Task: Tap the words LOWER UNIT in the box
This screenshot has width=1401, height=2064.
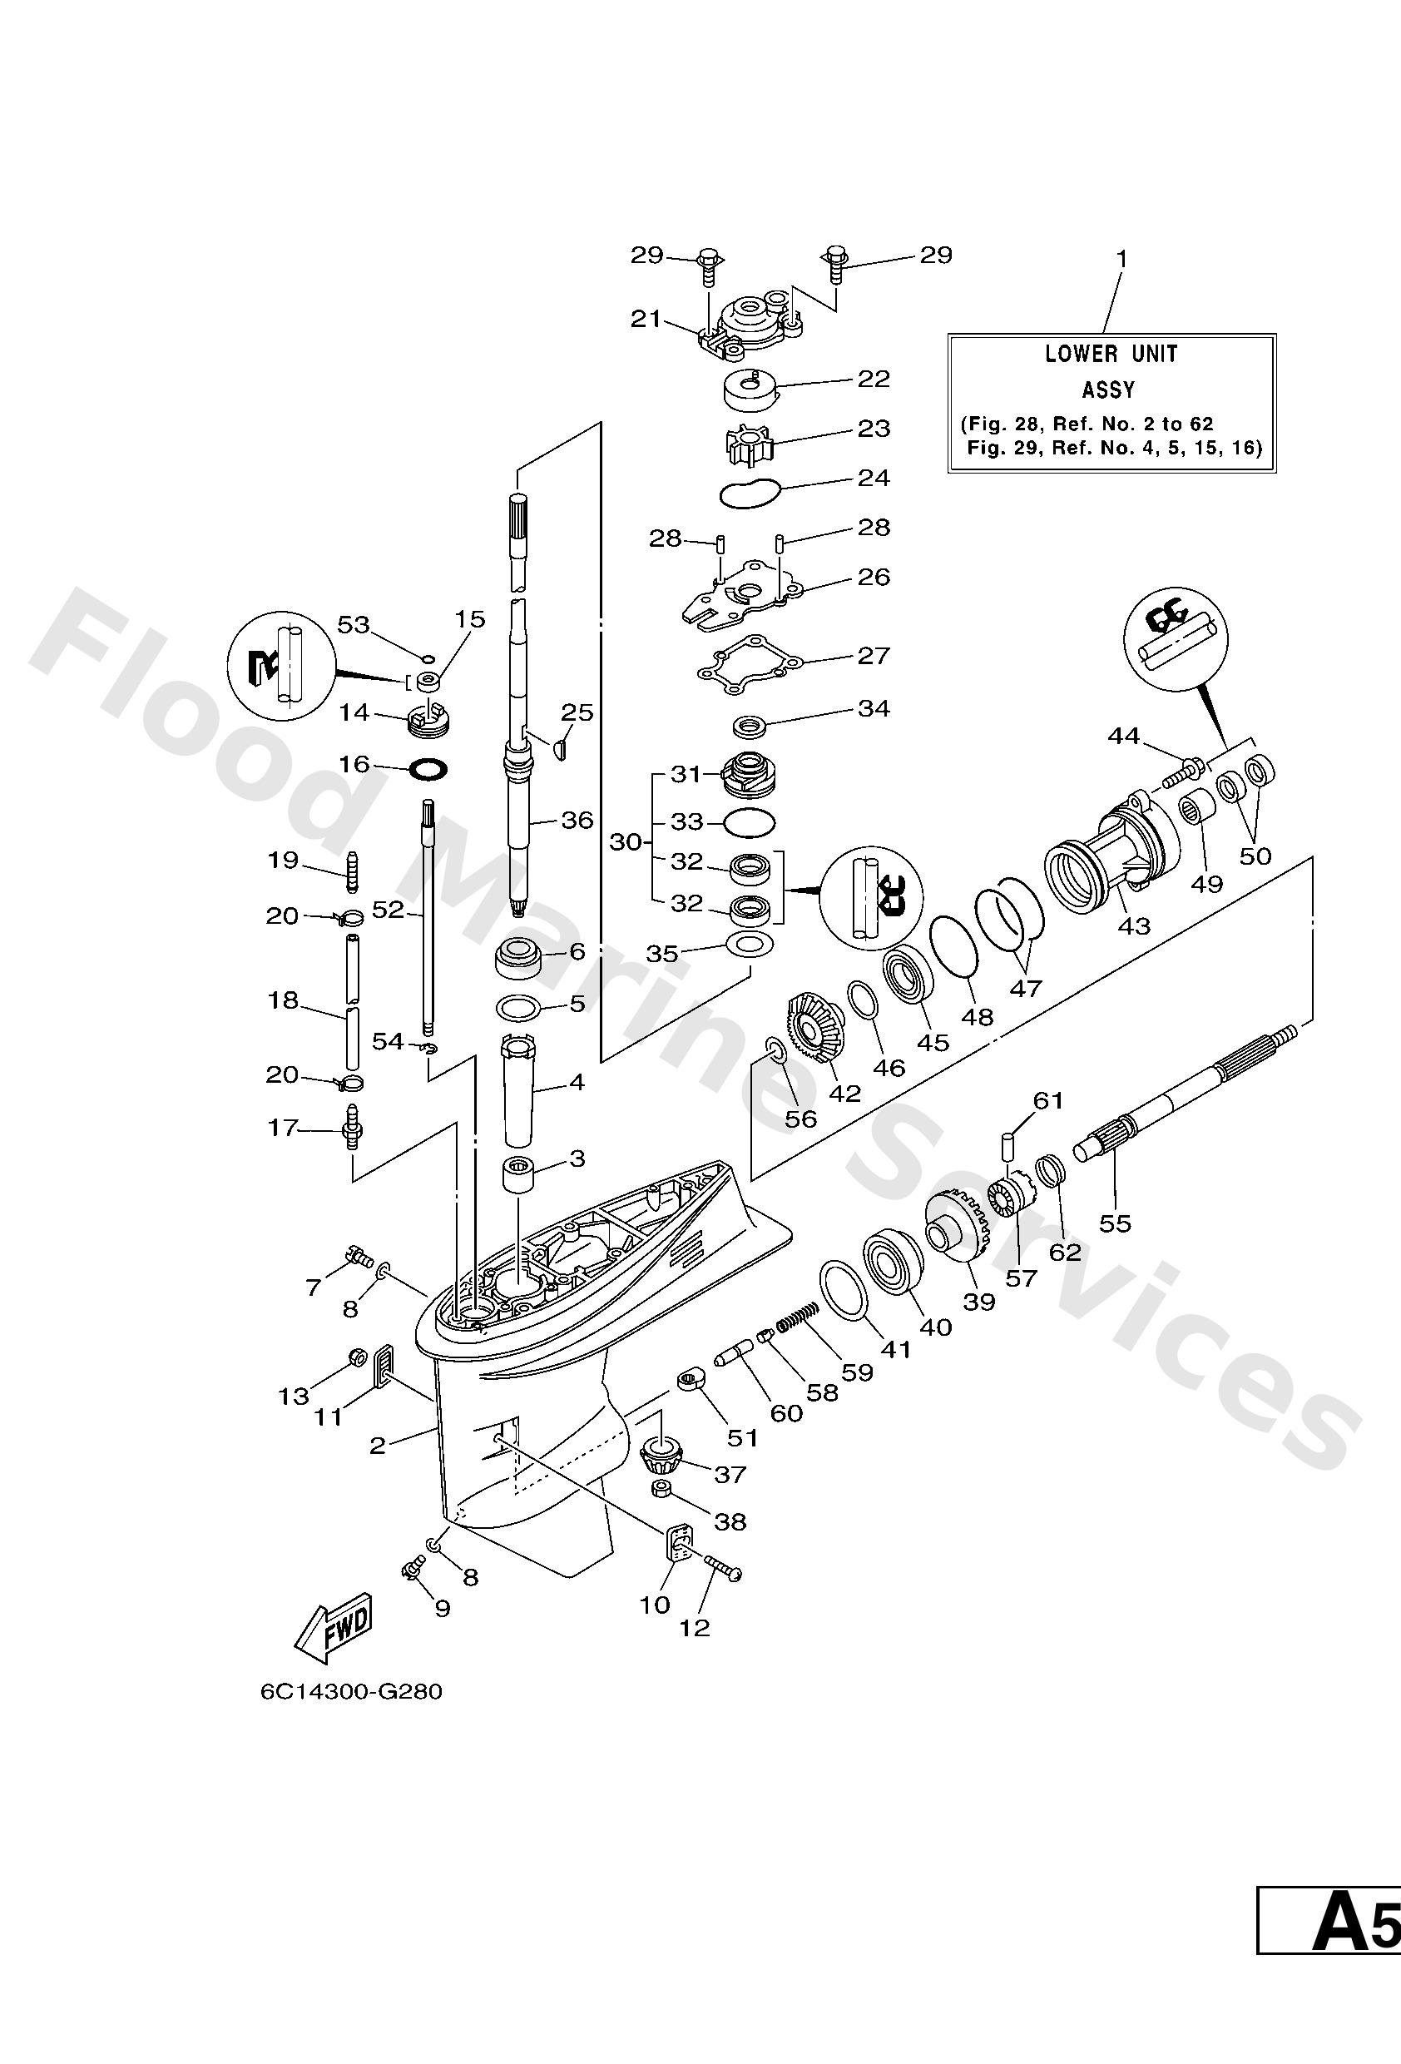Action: [1111, 354]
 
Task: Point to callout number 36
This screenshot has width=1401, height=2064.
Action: [577, 820]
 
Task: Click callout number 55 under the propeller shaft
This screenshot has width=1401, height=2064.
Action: [1115, 1223]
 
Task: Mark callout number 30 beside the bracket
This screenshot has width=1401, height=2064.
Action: [625, 841]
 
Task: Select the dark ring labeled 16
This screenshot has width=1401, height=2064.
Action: [427, 769]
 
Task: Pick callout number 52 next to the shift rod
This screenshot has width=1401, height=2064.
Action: [388, 910]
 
